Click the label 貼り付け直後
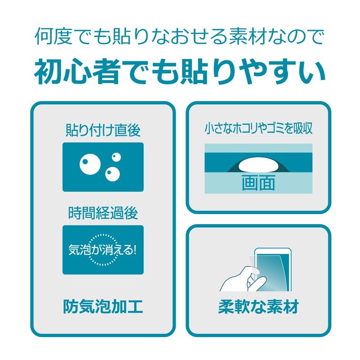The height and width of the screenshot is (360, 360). point(103,130)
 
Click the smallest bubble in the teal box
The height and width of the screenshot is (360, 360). point(117,157)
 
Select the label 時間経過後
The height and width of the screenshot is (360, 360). point(103,213)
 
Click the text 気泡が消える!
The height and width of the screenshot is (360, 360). point(103,250)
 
